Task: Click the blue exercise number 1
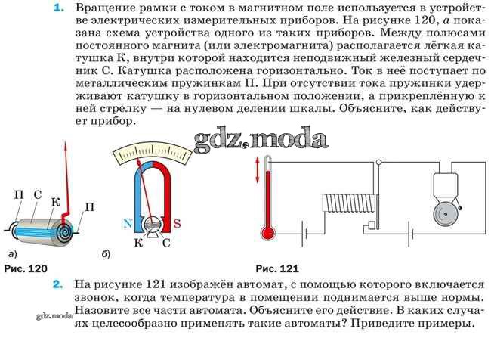59,8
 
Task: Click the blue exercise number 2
57,284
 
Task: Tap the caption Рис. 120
26,268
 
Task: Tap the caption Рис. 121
277,268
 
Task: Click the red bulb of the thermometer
268,234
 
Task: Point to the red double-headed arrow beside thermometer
258,169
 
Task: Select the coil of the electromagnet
349,203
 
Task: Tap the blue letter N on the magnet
128,224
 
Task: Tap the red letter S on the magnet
177,224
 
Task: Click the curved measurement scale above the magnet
152,154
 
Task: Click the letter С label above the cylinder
37,195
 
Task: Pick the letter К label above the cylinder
55,202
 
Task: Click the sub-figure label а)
13,254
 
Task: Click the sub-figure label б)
106,254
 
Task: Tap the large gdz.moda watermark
261,139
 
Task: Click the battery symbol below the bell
411,234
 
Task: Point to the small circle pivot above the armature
378,163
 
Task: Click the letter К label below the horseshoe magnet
138,243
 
